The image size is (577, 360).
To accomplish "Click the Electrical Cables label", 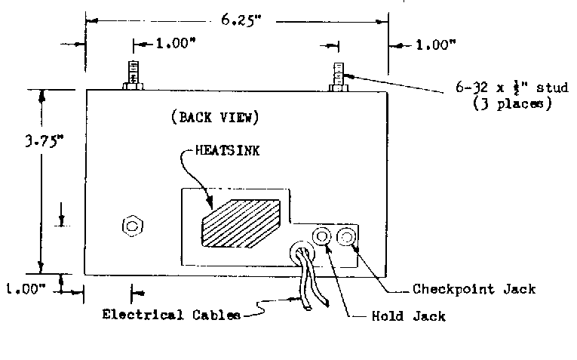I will pyautogui.click(x=171, y=315).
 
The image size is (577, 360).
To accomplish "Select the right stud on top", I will pyautogui.click(x=339, y=76).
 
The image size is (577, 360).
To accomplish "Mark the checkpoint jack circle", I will pyautogui.click(x=348, y=237).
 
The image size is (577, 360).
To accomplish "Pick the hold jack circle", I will pyautogui.click(x=321, y=237).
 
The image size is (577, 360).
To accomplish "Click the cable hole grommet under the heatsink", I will pyautogui.click(x=302, y=252).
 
